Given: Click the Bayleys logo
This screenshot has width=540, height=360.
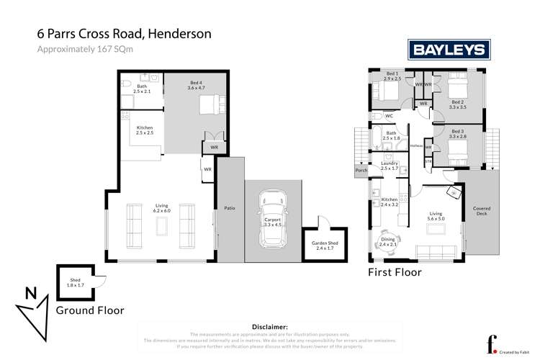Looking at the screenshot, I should (x=450, y=50).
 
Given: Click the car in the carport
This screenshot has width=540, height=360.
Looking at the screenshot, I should (x=274, y=212).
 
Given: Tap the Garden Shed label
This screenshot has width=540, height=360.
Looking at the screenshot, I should (x=325, y=246).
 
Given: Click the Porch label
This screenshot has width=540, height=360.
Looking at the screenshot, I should (x=361, y=171).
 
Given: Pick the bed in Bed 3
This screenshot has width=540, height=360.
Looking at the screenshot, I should (x=459, y=150).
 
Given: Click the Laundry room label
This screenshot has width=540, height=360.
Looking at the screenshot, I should (x=390, y=166).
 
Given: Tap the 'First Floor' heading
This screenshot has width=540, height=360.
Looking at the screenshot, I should (x=394, y=273).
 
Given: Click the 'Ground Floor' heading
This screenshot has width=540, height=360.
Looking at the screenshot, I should (x=90, y=310).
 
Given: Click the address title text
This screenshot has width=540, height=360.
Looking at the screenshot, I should (x=124, y=34).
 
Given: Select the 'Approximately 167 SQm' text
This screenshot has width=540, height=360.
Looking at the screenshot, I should (x=81, y=49).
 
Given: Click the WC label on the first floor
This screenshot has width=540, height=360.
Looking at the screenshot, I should (x=388, y=116).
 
